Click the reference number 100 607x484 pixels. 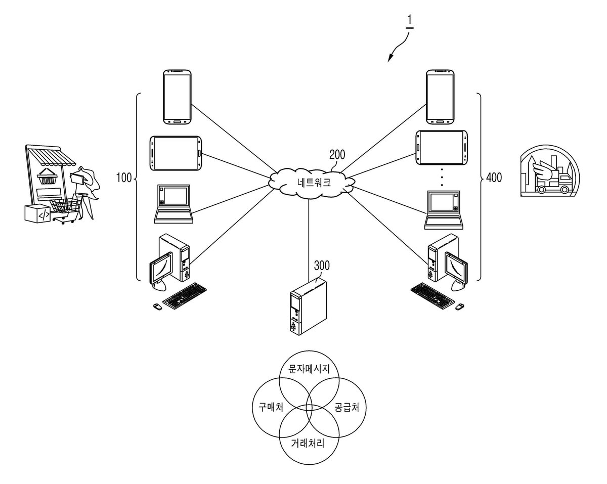(124, 178)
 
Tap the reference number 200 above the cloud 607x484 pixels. (337, 155)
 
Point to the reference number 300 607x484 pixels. (322, 266)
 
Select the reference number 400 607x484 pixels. (494, 178)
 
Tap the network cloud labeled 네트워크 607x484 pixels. (312, 183)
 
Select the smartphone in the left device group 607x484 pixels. (178, 97)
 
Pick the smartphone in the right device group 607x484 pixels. (440, 97)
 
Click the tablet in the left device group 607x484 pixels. (176, 153)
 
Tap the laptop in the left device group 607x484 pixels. (174, 204)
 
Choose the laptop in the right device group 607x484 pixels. (444, 210)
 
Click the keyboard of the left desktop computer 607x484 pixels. (185, 295)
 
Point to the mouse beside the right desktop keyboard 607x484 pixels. (459, 306)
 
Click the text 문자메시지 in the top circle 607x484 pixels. (309, 368)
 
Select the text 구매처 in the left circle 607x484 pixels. (271, 407)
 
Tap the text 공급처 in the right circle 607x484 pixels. (346, 407)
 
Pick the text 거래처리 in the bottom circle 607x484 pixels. (308, 443)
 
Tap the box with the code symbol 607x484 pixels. (38, 213)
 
